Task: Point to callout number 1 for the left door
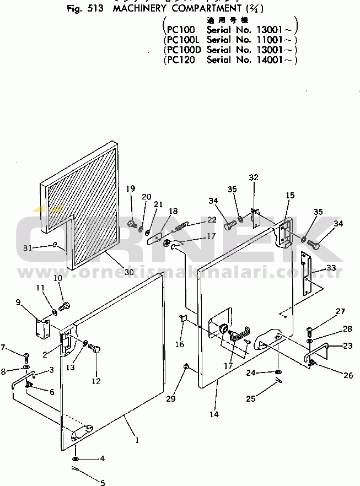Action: click(x=137, y=440)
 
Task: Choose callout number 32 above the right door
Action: click(x=253, y=177)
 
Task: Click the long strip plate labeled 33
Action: click(x=305, y=274)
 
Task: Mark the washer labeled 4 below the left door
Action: click(x=75, y=459)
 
